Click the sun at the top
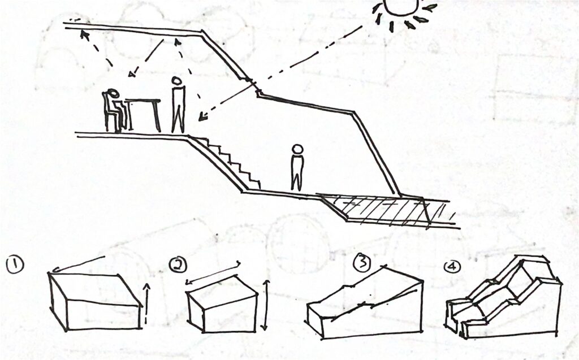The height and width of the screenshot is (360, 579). click(x=401, y=7)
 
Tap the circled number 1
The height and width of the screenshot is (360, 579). click(x=15, y=265)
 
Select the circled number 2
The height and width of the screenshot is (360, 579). click(x=178, y=264)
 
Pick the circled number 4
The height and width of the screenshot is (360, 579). click(x=452, y=267)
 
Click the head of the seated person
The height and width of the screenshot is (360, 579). click(x=113, y=94)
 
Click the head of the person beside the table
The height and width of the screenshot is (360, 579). click(x=177, y=81)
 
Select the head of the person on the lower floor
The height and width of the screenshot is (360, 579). click(x=297, y=149)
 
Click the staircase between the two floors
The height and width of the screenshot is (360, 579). click(x=225, y=162)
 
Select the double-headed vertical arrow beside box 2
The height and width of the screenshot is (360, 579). click(x=265, y=305)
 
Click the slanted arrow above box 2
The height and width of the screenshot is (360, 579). click(x=213, y=273)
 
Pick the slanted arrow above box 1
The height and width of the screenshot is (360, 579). click(x=79, y=263)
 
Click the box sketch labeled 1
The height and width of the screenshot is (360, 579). click(x=95, y=301)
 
